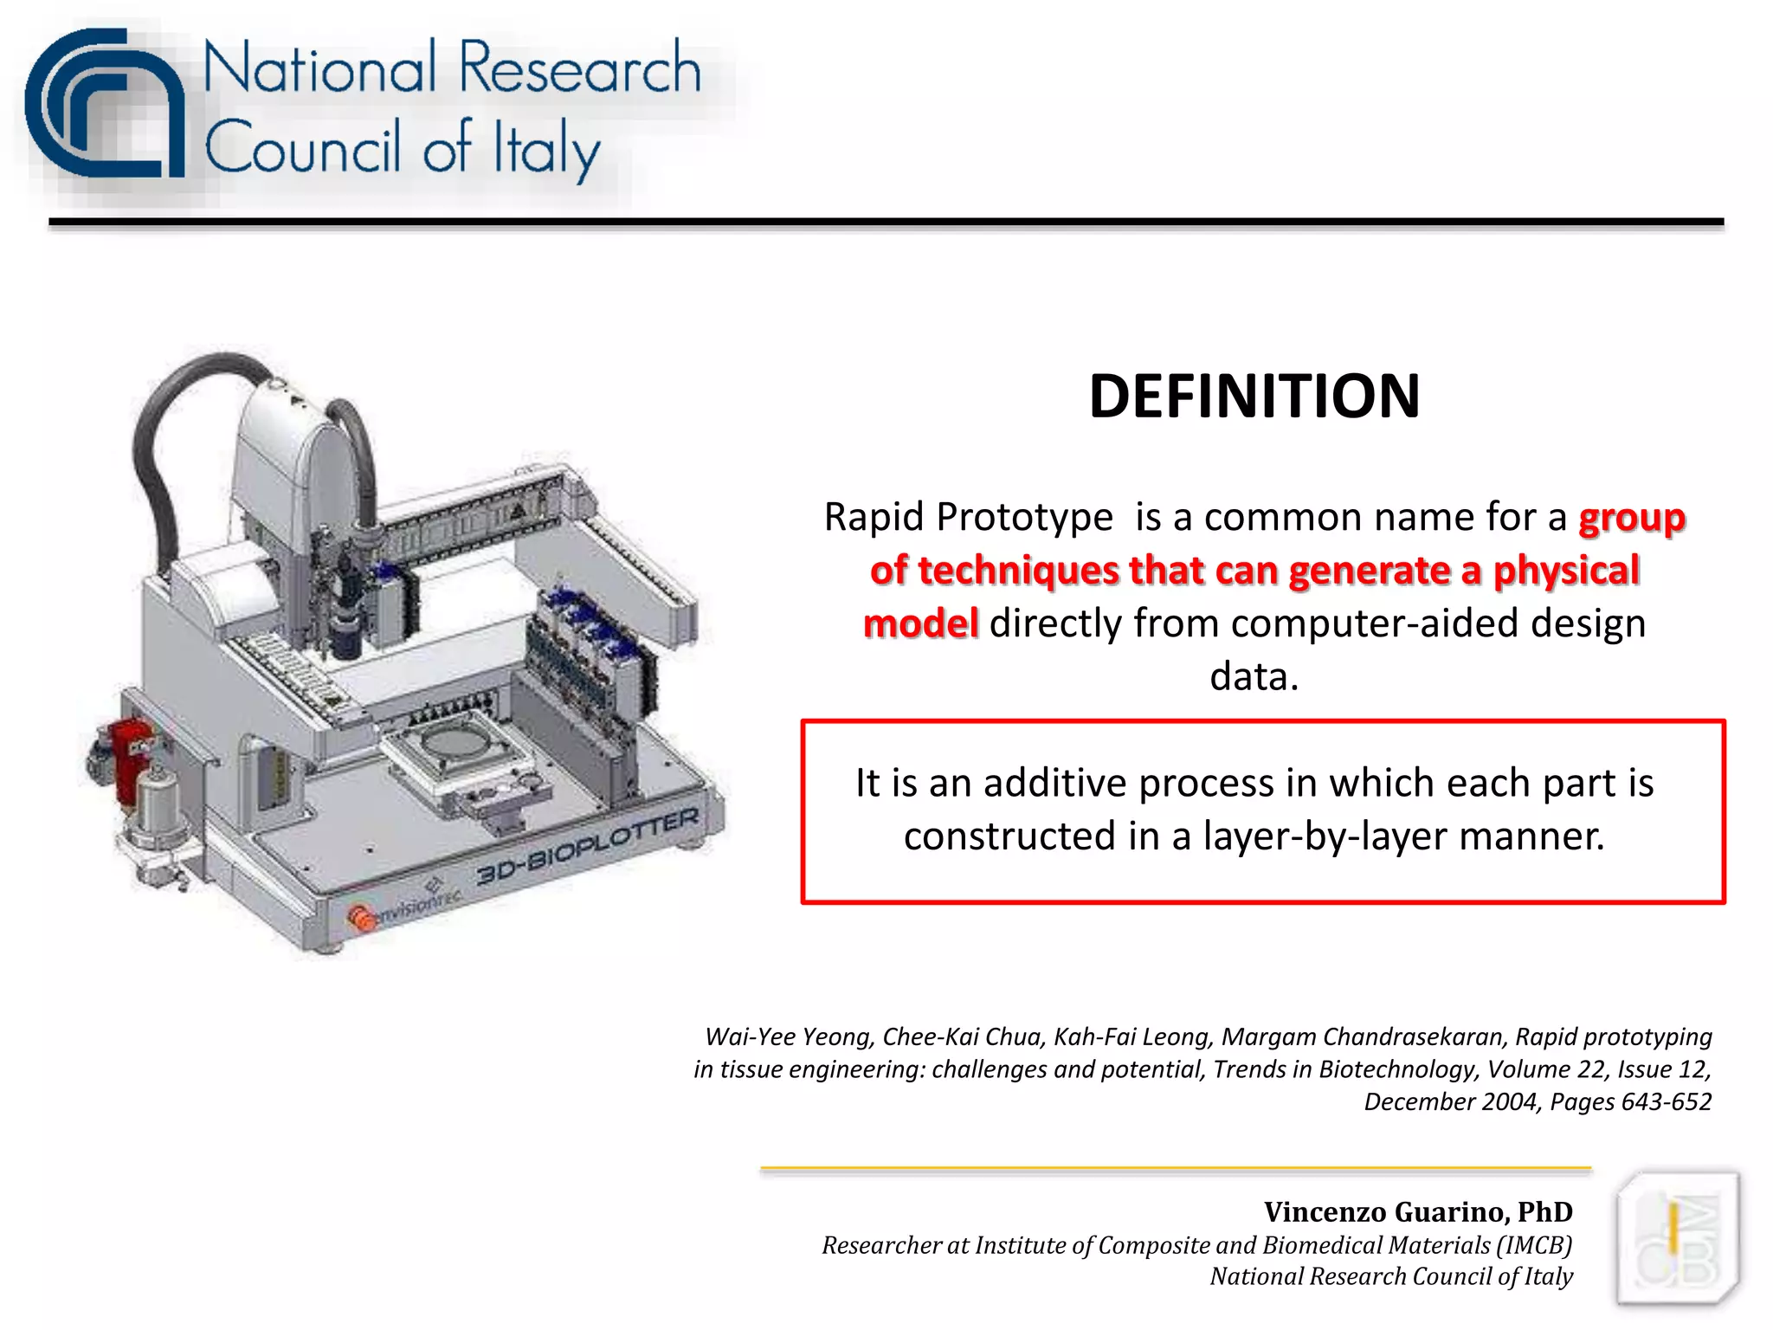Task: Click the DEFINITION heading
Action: (1254, 397)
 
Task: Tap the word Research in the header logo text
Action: (578, 69)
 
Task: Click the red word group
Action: (1631, 519)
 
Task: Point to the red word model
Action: (920, 623)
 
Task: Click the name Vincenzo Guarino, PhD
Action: (1417, 1211)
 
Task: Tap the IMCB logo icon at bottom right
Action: (1677, 1238)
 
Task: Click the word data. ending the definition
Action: (1254, 677)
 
